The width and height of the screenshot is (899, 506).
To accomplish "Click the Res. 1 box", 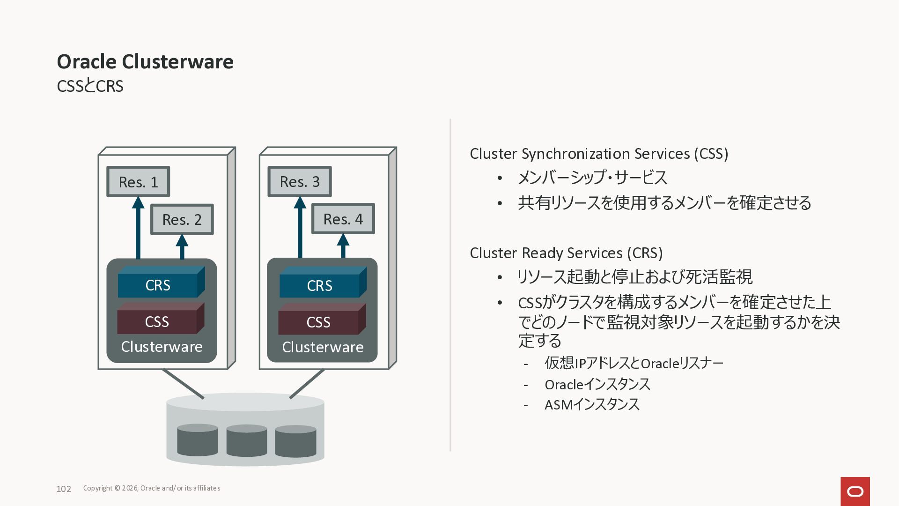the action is point(138,181).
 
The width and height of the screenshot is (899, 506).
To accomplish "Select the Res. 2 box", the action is point(182,219).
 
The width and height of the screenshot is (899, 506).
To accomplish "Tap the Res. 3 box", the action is point(300,181).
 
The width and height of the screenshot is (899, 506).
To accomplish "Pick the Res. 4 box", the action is point(343,219).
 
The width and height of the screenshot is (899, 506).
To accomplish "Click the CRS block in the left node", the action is point(161,282).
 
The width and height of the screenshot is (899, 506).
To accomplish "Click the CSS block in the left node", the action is point(161,318).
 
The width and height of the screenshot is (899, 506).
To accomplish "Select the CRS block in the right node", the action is point(323,282).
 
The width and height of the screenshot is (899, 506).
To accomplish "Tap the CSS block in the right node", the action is point(322,319).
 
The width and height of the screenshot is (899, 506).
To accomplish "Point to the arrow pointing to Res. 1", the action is point(138,228).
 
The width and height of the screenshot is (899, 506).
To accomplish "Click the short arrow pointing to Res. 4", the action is point(343,246).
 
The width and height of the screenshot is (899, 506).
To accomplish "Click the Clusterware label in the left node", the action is point(162,347).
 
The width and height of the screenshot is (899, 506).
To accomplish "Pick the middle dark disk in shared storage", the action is point(247,441).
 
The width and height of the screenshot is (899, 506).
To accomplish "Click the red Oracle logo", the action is point(855,491).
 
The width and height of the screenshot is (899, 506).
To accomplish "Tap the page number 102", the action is point(64,489).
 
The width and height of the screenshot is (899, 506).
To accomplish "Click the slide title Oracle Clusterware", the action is point(145,61).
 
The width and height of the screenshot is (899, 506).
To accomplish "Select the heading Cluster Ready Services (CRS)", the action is point(566,253).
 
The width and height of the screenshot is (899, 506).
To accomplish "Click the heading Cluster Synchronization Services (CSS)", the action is point(599,154).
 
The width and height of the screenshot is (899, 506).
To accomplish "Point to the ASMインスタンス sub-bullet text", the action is point(592,404).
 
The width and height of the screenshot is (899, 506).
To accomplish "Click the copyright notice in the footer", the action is point(152,488).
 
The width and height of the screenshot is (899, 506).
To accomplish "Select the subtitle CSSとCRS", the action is point(90,86).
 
